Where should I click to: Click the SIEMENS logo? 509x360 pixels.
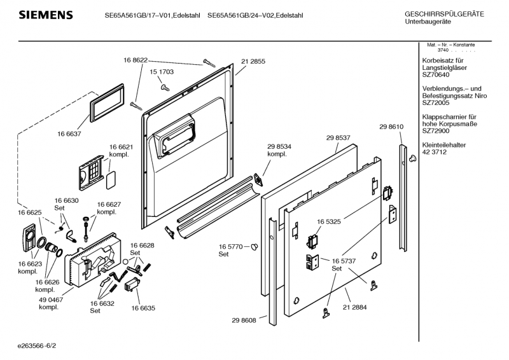pos(45,15)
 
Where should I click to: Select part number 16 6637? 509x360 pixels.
pos(69,135)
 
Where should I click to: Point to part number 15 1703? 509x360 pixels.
pos(162,73)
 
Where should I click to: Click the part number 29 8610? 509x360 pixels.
pos(391,127)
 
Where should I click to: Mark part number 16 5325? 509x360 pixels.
pos(330,222)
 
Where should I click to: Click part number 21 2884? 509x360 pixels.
pos(354,308)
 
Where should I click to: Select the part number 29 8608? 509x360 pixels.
pos(244,320)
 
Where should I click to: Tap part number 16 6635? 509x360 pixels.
pos(143,308)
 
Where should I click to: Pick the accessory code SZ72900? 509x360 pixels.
pos(435,131)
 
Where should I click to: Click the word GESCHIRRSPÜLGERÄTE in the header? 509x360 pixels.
pos(444,14)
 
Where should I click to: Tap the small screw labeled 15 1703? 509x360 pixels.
pos(164,86)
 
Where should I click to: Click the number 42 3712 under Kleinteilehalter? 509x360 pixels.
pos(435,153)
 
